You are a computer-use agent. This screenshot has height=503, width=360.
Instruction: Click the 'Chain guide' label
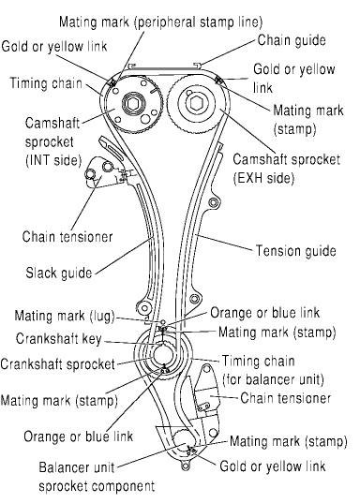[x=292, y=40]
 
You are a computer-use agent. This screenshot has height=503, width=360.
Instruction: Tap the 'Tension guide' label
[x=295, y=250]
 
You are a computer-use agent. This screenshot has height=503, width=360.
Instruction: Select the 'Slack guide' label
[x=59, y=273]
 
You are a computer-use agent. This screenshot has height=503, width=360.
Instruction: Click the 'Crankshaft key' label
[x=59, y=339]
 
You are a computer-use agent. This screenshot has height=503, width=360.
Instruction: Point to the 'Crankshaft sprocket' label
[x=58, y=364]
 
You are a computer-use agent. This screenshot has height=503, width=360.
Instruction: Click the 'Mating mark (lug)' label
[x=65, y=316]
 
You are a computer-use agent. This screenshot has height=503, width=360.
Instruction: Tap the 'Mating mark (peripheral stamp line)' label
[x=161, y=22]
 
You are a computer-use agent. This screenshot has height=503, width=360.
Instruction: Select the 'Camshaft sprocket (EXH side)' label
[x=286, y=169]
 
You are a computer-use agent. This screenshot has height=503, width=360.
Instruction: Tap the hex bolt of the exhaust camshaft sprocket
[x=195, y=103]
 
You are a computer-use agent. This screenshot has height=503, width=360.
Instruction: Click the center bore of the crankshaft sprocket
[x=164, y=355]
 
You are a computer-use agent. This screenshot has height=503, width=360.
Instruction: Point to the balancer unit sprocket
[x=184, y=440]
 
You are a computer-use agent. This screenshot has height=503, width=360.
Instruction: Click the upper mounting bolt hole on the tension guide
[x=213, y=202]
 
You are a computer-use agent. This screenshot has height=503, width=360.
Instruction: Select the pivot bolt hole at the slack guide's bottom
[x=144, y=308]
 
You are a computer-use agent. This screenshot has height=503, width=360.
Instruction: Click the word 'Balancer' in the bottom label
[x=61, y=467]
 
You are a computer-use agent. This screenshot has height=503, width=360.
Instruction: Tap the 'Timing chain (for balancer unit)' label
[x=274, y=371]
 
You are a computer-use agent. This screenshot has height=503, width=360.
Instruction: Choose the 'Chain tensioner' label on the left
[x=67, y=237]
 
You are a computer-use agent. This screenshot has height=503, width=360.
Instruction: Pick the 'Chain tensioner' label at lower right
[x=286, y=398]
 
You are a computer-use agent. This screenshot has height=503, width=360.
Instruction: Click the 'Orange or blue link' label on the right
[x=265, y=313]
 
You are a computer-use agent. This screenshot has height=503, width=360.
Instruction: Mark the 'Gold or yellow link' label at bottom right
[x=273, y=466]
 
